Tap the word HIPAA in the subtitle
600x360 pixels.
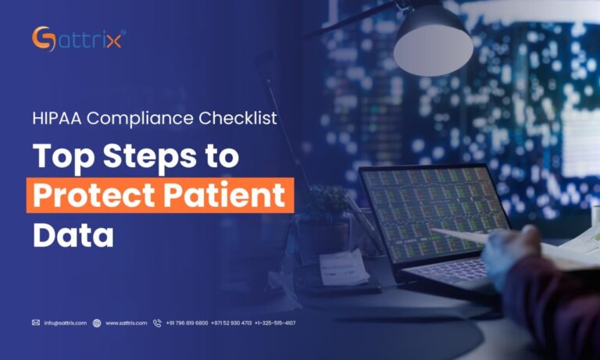[53, 119]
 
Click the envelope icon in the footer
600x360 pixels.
[36, 323]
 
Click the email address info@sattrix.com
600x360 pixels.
[66, 323]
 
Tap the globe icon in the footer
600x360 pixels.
[97, 323]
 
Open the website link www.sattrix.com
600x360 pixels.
[127, 323]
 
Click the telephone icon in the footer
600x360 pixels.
[157, 323]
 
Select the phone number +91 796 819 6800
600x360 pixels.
[187, 323]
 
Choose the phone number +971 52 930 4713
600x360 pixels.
[231, 323]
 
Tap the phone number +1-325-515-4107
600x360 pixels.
[275, 323]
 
